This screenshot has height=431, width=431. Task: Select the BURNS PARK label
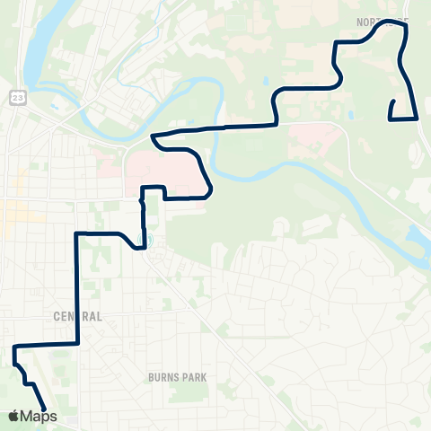tap(171, 378)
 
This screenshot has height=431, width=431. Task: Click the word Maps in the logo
tap(39, 416)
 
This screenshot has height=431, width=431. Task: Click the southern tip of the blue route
tap(44, 410)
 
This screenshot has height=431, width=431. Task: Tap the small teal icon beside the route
tap(150, 240)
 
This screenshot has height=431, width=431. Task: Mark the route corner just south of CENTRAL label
tap(78, 343)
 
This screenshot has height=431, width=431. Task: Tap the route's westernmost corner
tap(14, 347)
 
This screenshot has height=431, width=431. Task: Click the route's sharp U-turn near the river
tap(154, 136)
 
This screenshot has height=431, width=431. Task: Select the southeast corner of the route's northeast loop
tap(417, 118)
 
